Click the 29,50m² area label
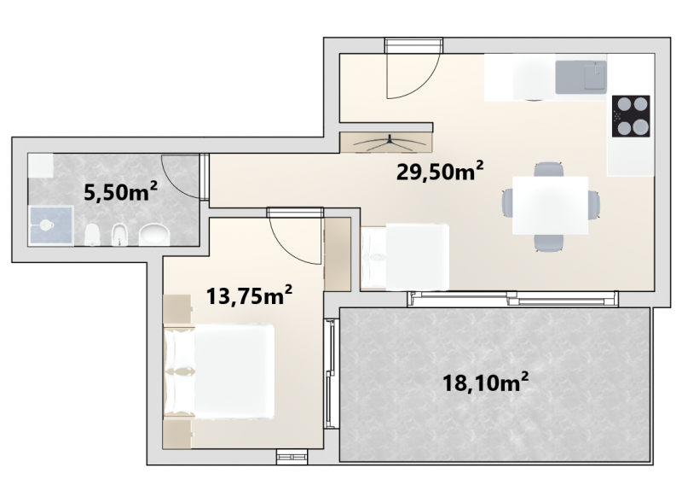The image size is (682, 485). coord(440,172)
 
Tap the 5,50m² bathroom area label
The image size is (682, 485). coord(120,192)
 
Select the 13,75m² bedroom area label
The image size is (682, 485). coord(249,296)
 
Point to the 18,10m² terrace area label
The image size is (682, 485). coord(485,383)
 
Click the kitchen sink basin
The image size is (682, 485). coord(581,77)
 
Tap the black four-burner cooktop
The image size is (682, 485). coord(631,116)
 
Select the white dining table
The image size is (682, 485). coord(550,205)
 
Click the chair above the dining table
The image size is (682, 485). coord(549,169)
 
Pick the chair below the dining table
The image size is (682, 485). coord(549,242)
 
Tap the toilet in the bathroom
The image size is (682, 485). coord(92,235)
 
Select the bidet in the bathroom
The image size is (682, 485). coord(118,235)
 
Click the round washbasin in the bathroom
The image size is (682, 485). coord(155,235)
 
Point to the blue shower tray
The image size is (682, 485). coord(51,225)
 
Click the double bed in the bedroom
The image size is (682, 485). coord(219,371)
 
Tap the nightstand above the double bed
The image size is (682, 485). coord(177,309)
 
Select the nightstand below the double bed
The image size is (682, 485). coord(177,434)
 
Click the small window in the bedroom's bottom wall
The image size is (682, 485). coord(292,456)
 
